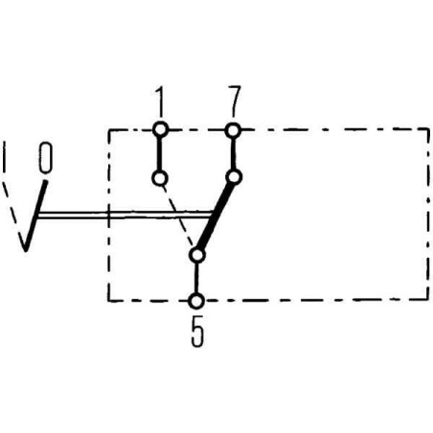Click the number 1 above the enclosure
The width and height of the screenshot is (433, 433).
[160, 102]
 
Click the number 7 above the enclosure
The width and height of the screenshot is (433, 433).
[234, 102]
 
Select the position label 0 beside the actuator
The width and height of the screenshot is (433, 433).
[45, 158]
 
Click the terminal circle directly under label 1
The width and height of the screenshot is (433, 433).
[160, 129]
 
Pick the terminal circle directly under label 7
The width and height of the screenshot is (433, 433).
[233, 130]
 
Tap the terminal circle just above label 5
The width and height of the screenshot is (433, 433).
[196, 301]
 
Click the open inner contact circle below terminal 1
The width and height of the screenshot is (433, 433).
[160, 178]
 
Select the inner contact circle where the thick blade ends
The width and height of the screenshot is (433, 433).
[234, 177]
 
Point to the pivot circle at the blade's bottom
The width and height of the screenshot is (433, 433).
[197, 256]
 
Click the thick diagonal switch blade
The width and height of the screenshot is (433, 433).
[216, 216]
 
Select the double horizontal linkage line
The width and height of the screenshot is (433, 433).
[125, 215]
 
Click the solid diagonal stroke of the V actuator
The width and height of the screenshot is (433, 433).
[35, 216]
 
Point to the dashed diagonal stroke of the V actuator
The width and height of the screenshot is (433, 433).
[13, 213]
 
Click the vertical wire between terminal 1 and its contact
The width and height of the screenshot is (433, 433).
[159, 154]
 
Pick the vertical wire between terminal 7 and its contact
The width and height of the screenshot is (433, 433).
[234, 153]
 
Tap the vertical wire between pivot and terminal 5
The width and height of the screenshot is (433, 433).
[196, 278]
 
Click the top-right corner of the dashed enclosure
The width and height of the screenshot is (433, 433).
[428, 129]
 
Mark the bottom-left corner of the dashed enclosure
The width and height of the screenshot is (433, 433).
[109, 301]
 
